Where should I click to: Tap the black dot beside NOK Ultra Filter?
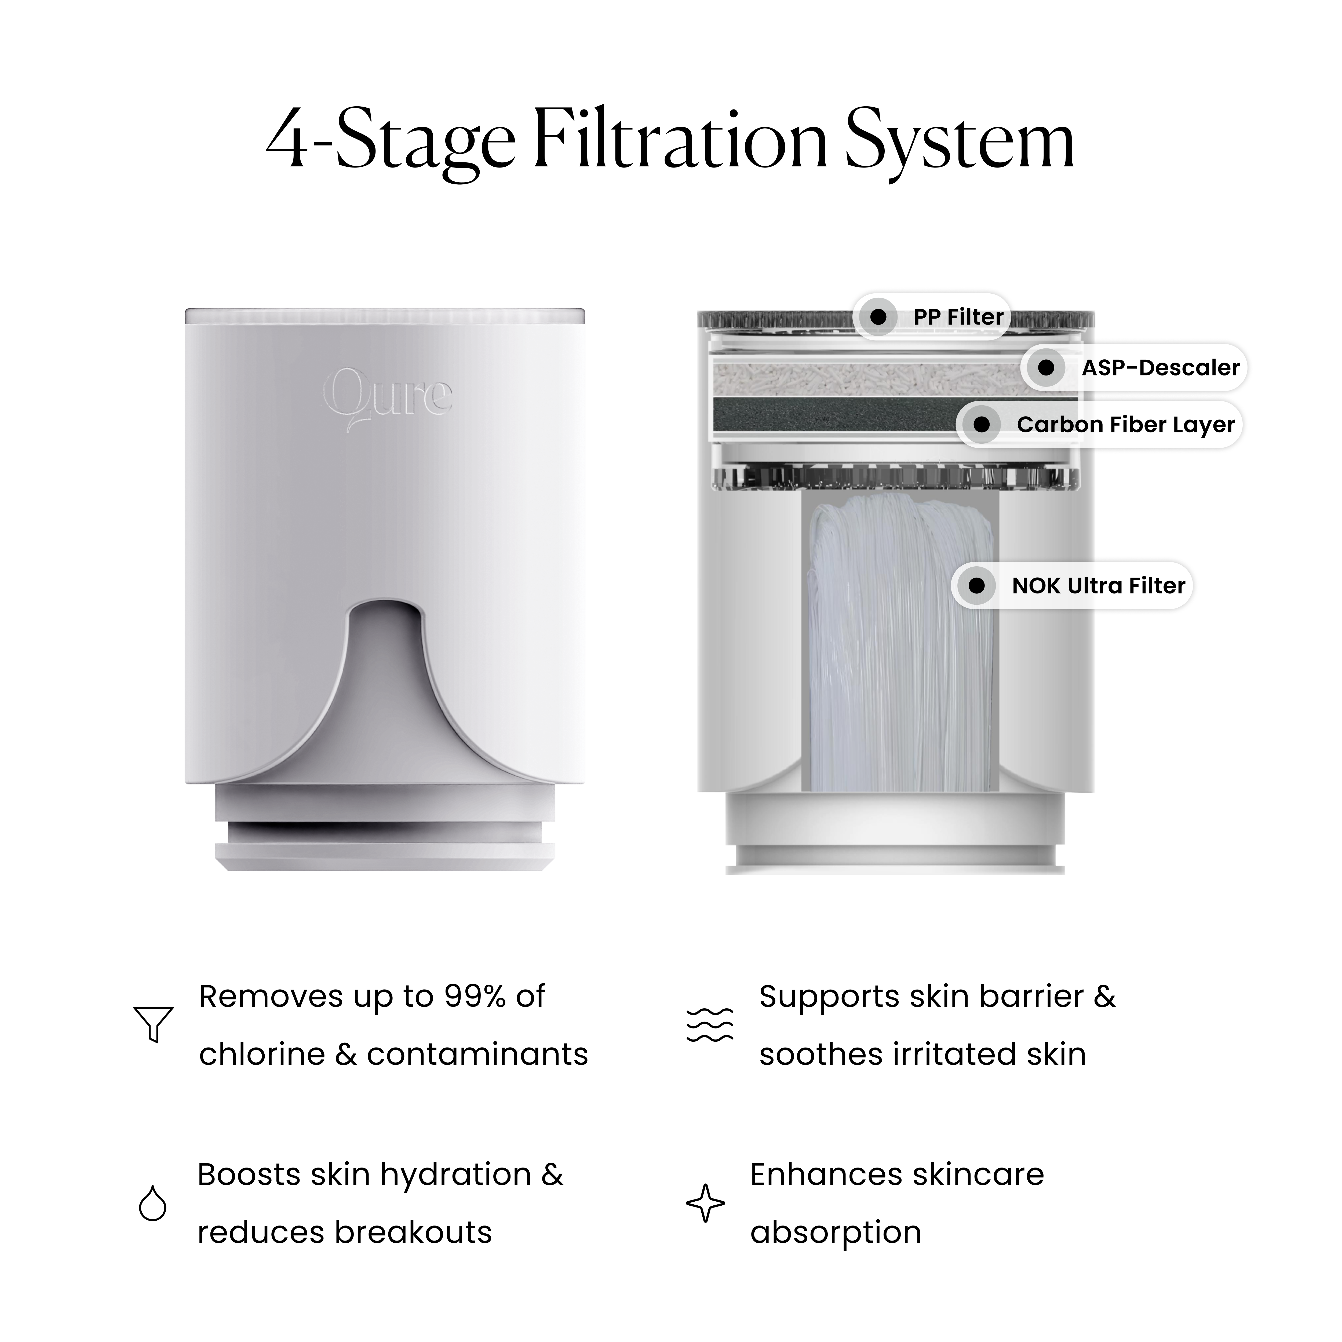(x=977, y=586)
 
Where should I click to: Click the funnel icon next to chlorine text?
(x=153, y=1024)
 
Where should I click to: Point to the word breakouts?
(x=413, y=1232)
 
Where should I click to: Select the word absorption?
(x=836, y=1232)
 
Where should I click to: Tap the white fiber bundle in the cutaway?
(x=899, y=646)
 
